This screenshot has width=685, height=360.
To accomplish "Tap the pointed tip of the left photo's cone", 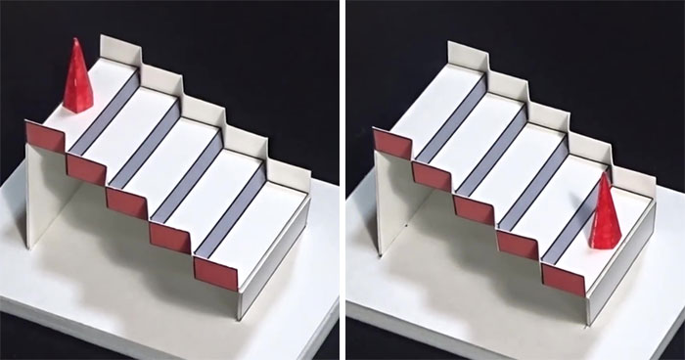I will coord(76,41).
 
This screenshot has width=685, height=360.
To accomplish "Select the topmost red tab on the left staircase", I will coord(44,135).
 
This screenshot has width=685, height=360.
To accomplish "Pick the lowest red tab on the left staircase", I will coord(215,273).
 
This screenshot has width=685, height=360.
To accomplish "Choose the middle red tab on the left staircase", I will coord(127,202).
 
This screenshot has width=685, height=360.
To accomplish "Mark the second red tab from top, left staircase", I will coord(86,168).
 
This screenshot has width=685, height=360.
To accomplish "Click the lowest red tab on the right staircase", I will coord(563,280).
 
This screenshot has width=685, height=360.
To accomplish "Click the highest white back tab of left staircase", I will coord(119,52).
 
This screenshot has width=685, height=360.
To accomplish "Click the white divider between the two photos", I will coord(342,180).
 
